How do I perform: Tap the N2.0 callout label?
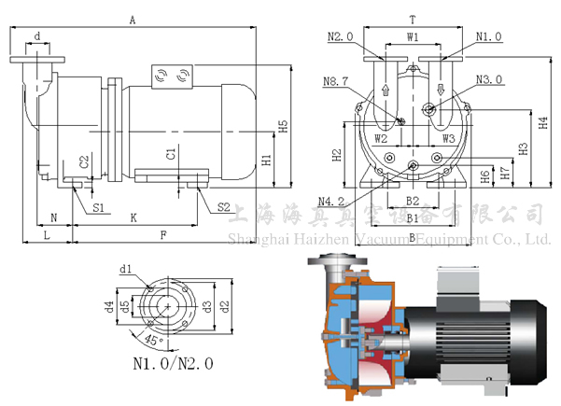tap(341, 37)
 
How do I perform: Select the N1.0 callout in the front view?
tap(488, 37)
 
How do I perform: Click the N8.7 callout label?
tap(336, 82)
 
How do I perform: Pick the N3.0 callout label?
tap(488, 79)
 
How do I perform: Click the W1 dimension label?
tap(412, 37)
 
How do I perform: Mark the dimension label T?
tap(412, 18)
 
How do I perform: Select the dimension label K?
tap(133, 217)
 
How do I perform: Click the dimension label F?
tap(163, 235)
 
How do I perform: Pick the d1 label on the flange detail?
tap(124, 270)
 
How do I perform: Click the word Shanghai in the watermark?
tap(258, 239)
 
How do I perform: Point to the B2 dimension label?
tap(412, 202)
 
